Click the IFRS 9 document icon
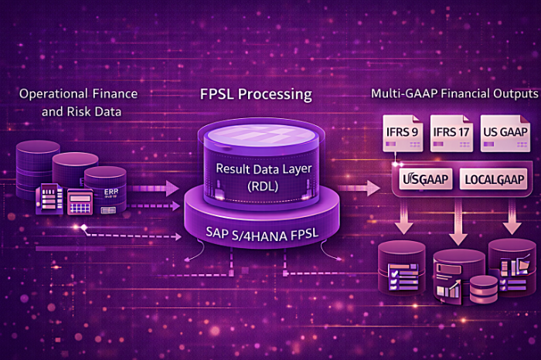click(403, 131)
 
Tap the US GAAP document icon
click(504, 131)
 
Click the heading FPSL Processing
click(256, 95)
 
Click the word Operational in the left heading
click(55, 93)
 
